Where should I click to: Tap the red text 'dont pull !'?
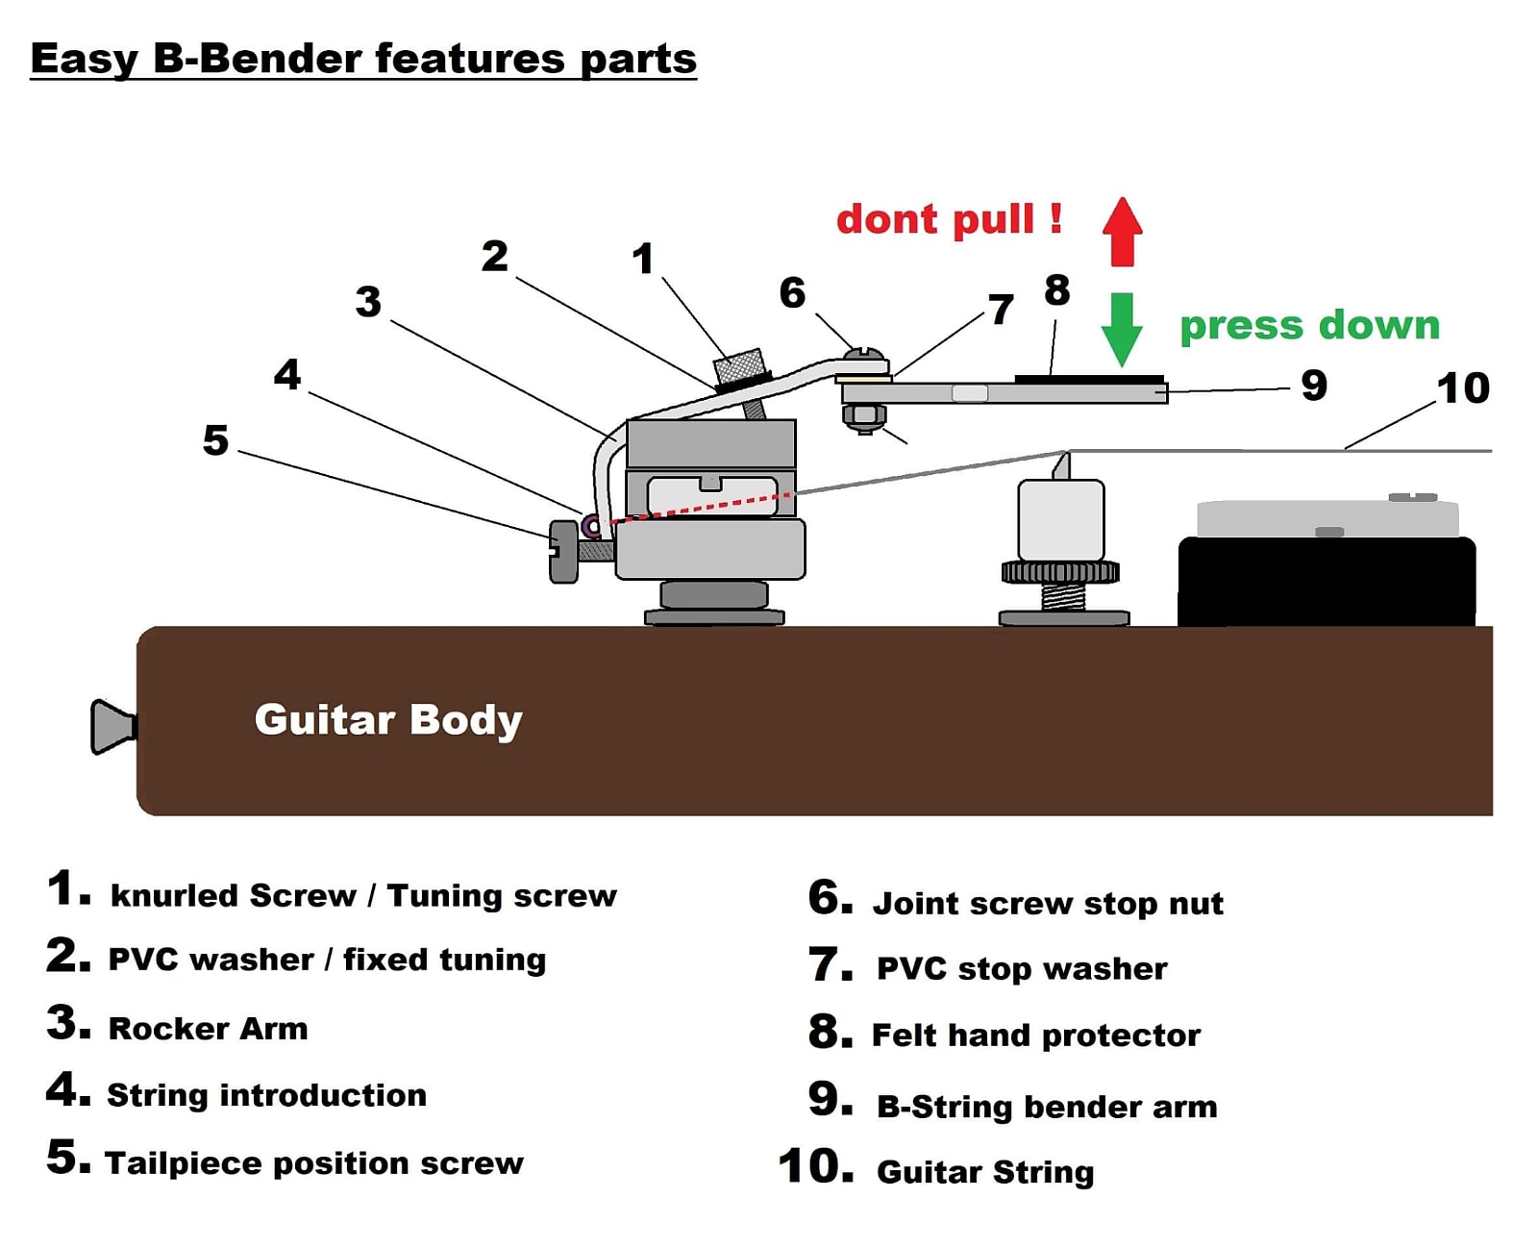[949, 219]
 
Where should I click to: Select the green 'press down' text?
[1309, 325]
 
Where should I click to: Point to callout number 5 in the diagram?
[215, 440]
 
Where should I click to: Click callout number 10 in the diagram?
[1462, 388]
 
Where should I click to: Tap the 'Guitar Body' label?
[388, 719]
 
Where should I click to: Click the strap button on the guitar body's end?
[112, 726]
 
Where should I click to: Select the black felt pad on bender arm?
[1089, 379]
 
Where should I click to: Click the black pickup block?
[1327, 582]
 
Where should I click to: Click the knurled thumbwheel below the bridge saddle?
[1060, 572]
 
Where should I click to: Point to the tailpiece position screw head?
[563, 551]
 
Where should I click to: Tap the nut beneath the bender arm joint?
[864, 417]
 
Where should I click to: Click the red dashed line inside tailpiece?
[702, 507]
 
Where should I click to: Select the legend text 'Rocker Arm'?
[208, 1028]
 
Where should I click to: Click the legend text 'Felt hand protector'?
[1035, 1035]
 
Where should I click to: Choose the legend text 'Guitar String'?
[985, 1172]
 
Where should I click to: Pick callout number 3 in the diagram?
[368, 302]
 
